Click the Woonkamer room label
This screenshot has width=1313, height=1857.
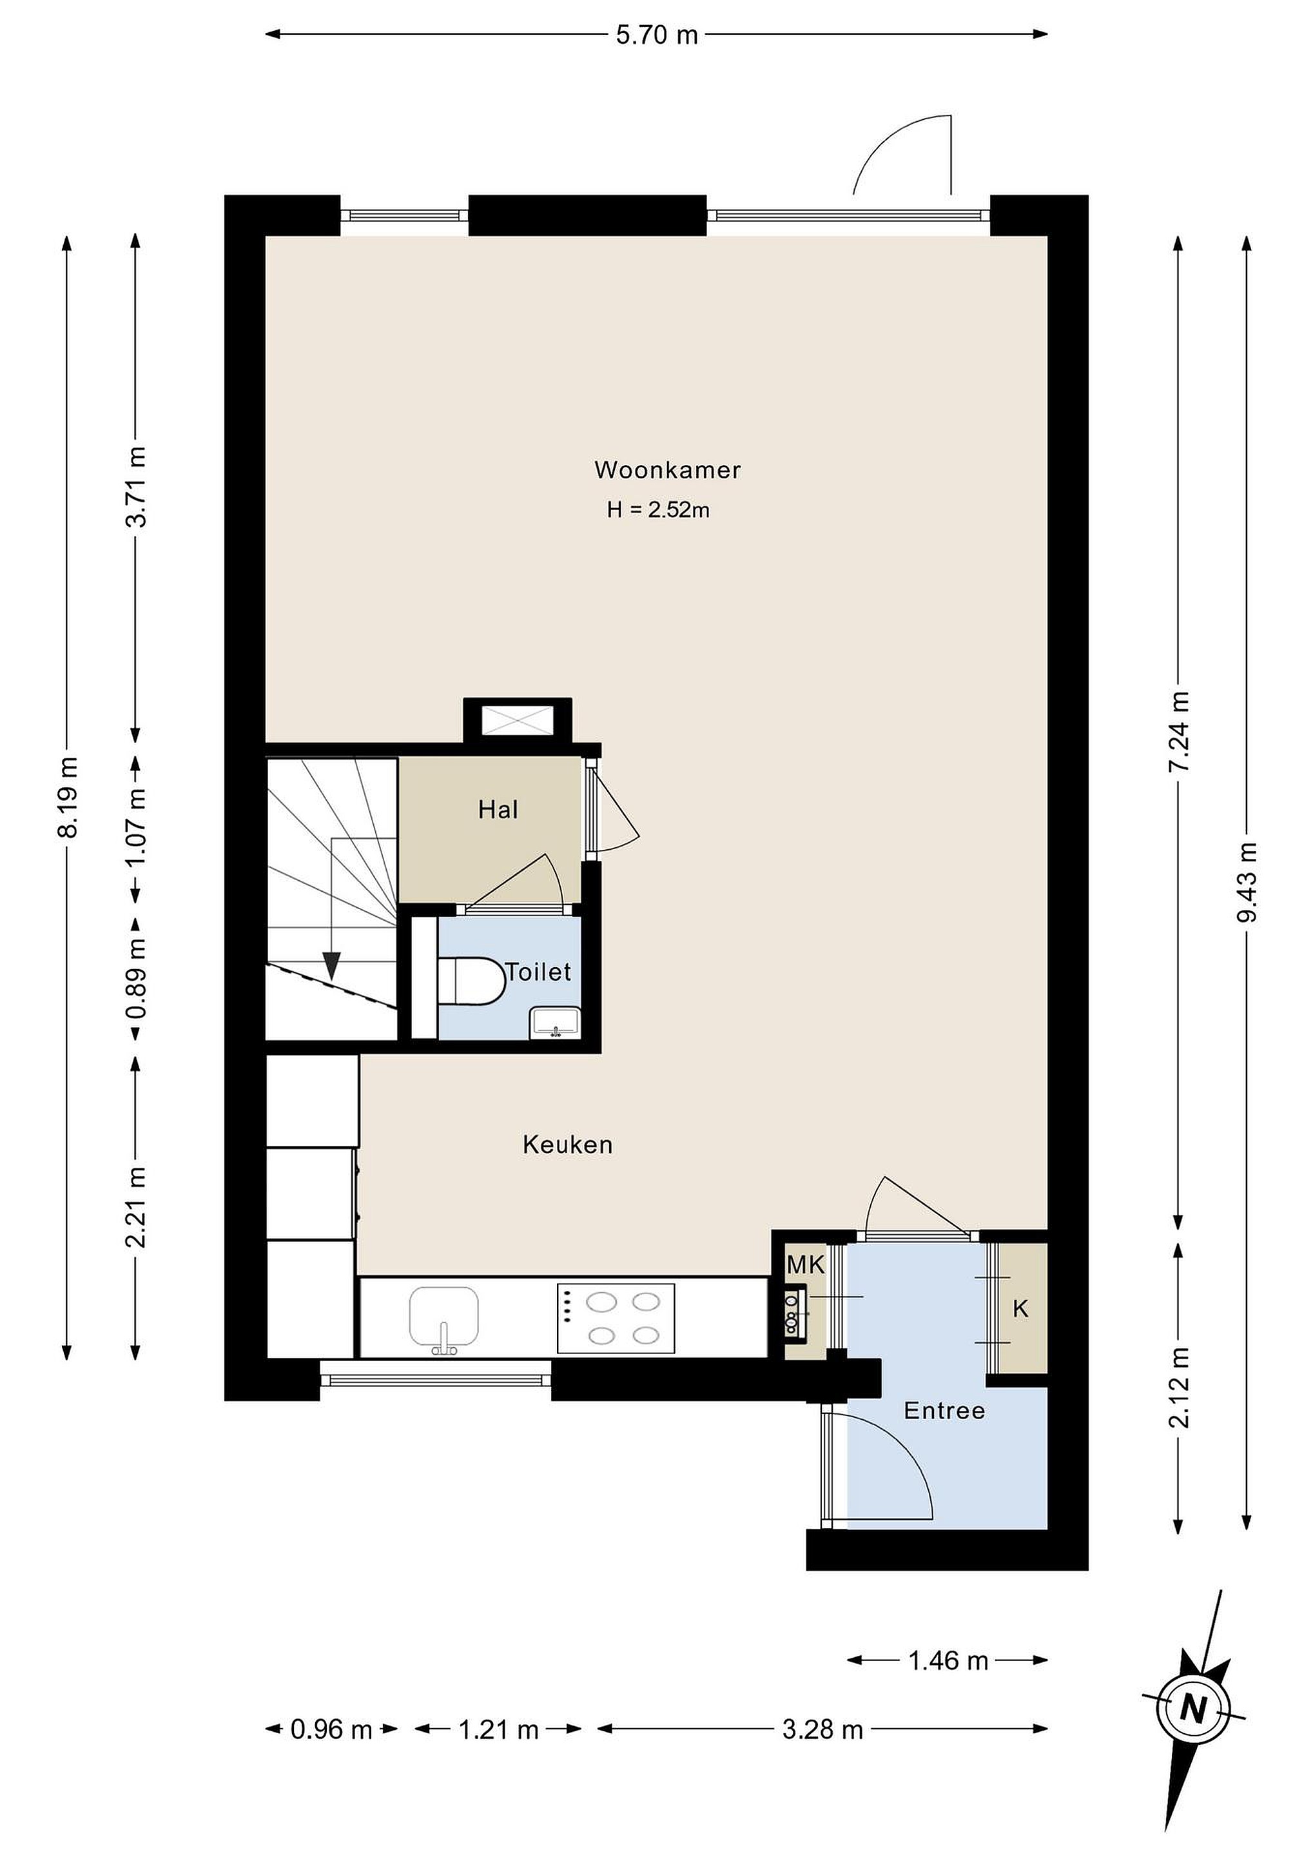pyautogui.click(x=667, y=470)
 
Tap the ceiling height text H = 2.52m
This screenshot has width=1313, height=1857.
pyautogui.click(x=658, y=509)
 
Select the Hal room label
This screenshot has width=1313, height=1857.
pyautogui.click(x=498, y=810)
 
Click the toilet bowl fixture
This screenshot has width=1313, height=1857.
pyautogui.click(x=471, y=981)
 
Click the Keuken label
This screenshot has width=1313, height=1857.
pyautogui.click(x=568, y=1145)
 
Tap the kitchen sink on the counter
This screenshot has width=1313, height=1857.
pyautogui.click(x=444, y=1319)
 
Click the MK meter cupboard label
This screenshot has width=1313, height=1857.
pyautogui.click(x=805, y=1265)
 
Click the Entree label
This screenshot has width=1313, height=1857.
pyautogui.click(x=944, y=1411)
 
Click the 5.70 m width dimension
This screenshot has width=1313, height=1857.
pyautogui.click(x=656, y=35)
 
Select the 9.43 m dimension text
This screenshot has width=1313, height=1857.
pyautogui.click(x=1249, y=881)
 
